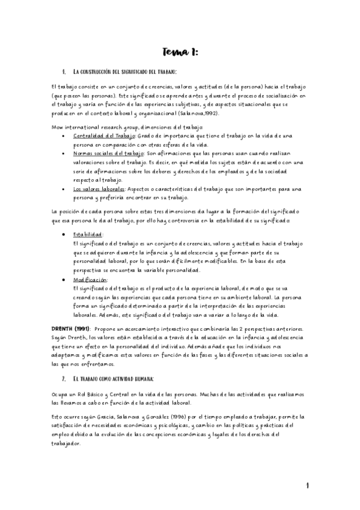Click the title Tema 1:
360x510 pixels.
[180, 53]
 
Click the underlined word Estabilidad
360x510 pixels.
[88, 235]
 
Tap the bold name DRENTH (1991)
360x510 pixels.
[71, 328]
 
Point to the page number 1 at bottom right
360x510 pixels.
[307, 485]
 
